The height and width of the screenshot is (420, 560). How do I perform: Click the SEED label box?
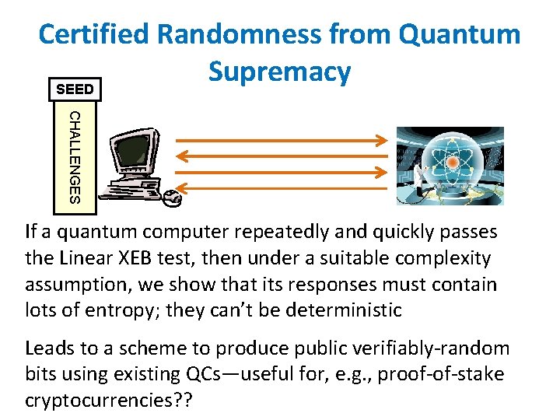click(75, 89)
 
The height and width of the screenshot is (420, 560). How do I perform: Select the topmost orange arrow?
click(280, 141)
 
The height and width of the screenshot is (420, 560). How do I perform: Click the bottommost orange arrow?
click(280, 188)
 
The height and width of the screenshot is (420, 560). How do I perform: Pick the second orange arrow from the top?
click(280, 156)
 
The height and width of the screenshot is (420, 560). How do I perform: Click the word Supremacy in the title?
click(280, 72)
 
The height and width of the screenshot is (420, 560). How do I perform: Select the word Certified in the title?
click(93, 34)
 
